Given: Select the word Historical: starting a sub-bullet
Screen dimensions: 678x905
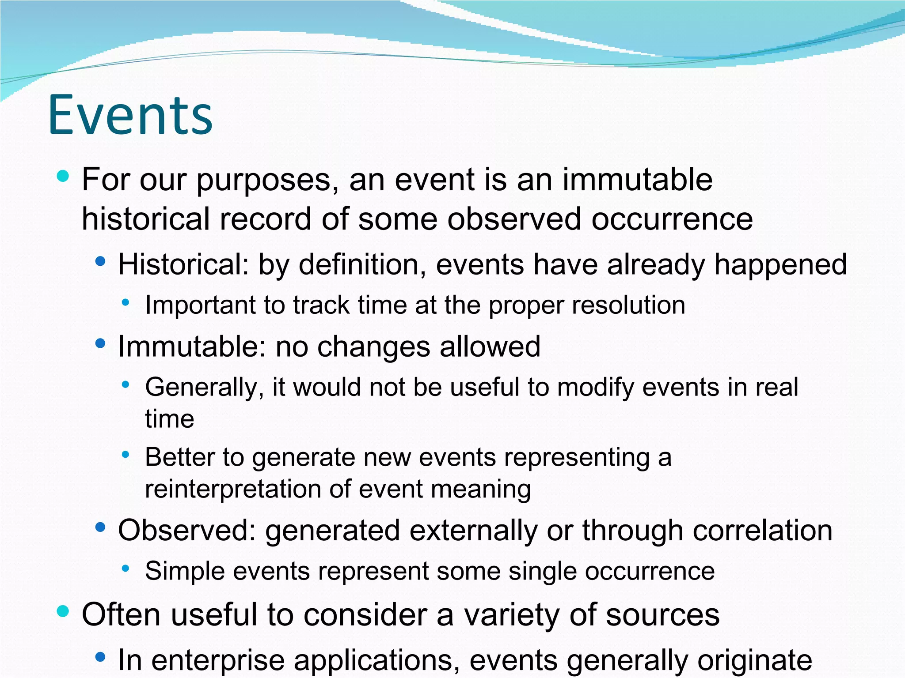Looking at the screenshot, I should coord(183,265).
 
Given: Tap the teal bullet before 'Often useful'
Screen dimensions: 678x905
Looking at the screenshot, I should coord(63,611).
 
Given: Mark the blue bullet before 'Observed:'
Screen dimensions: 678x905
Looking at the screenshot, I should coord(101,527).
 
